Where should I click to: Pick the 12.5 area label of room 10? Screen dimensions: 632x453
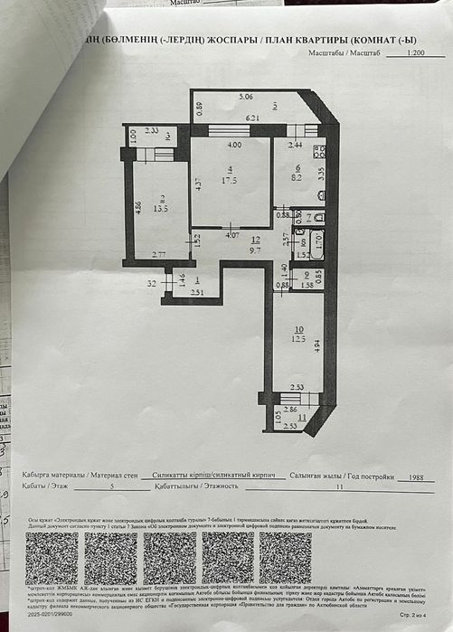[300, 339]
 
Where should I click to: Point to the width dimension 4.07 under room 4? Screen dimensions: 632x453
[231, 236]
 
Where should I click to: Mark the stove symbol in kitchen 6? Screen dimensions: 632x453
[319, 152]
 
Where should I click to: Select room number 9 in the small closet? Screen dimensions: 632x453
[307, 275]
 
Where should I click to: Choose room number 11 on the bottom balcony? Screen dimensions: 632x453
[302, 418]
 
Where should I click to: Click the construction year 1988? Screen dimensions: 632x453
[417, 476]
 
